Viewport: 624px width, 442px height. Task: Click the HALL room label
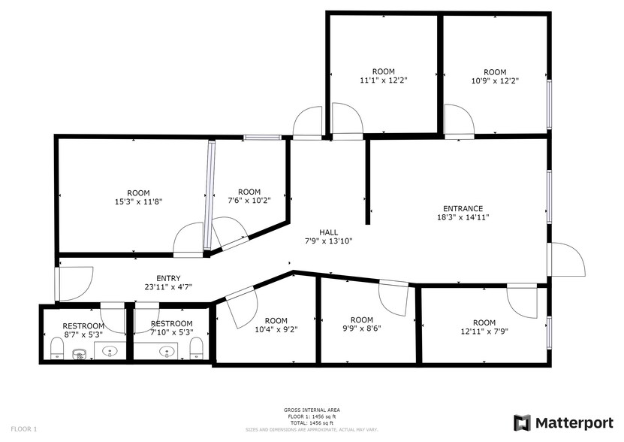click(x=329, y=232)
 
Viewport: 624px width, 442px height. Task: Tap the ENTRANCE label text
click(x=463, y=209)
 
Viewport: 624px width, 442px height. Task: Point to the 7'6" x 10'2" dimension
click(x=249, y=201)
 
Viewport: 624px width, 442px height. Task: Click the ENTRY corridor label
click(x=168, y=278)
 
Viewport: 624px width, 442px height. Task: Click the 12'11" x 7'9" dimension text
click(x=484, y=331)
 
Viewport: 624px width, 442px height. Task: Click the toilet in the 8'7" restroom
click(x=56, y=348)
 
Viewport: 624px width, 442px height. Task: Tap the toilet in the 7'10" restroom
click(x=196, y=348)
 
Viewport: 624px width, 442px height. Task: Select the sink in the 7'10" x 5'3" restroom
click(x=167, y=351)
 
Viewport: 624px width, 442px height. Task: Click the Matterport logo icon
click(x=522, y=422)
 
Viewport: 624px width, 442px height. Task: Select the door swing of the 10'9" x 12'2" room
click(x=457, y=120)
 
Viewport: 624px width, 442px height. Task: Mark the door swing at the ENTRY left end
click(x=74, y=282)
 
